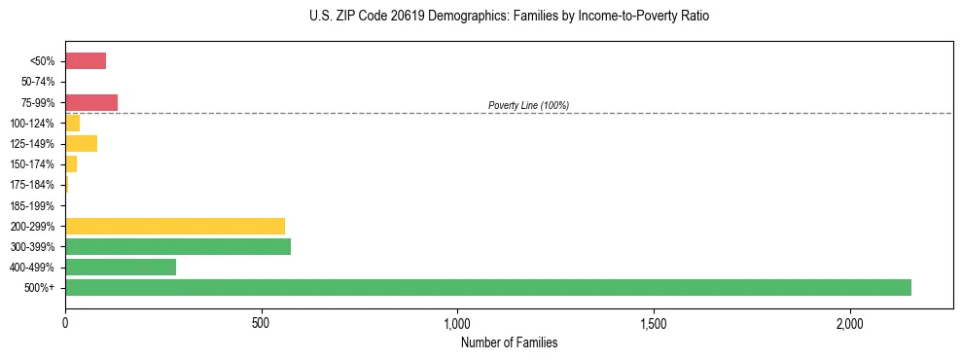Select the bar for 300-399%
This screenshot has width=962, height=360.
pyautogui.click(x=178, y=246)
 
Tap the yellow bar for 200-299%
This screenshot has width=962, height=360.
pyautogui.click(x=175, y=226)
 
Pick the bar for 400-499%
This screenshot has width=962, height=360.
pyautogui.click(x=121, y=267)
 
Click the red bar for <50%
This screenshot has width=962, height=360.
pyautogui.click(x=86, y=61)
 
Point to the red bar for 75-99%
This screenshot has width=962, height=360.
pyautogui.click(x=91, y=102)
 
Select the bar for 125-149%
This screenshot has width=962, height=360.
pyautogui.click(x=81, y=144)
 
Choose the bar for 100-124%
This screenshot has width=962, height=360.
pyautogui.click(x=73, y=124)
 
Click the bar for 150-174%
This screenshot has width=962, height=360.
pyautogui.click(x=71, y=164)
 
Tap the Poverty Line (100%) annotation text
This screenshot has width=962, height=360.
pyautogui.click(x=528, y=105)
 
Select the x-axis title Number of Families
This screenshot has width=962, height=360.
pyautogui.click(x=509, y=342)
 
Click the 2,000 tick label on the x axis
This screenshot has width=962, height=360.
pyautogui.click(x=849, y=323)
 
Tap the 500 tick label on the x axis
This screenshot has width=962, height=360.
pyautogui.click(x=261, y=323)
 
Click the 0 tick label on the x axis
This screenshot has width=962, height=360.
pyautogui.click(x=65, y=323)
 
